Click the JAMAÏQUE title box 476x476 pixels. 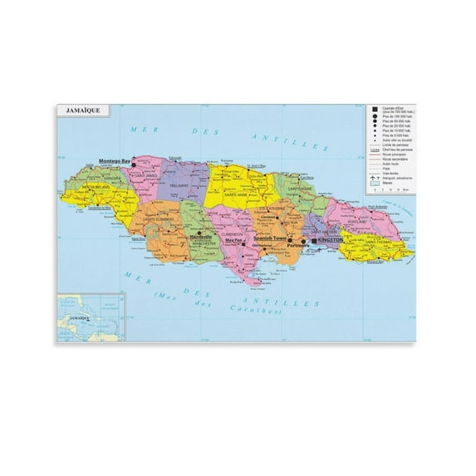click(76, 109)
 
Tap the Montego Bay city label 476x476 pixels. click(115, 160)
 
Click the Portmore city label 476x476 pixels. click(296, 246)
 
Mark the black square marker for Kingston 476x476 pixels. click(314, 240)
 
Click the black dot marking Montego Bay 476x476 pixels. click(134, 164)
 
